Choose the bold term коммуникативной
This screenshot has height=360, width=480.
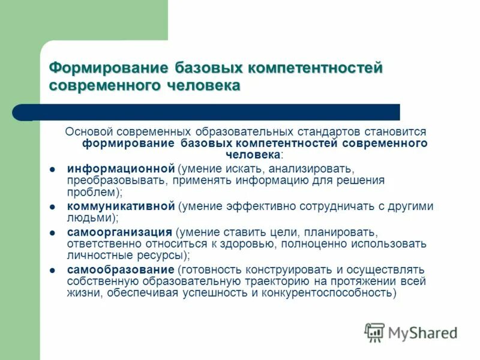[121, 206]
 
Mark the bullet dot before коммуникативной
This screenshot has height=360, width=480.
[53, 206]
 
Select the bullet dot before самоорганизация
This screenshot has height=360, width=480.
[53, 232]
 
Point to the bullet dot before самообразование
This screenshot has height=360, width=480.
[53, 269]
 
